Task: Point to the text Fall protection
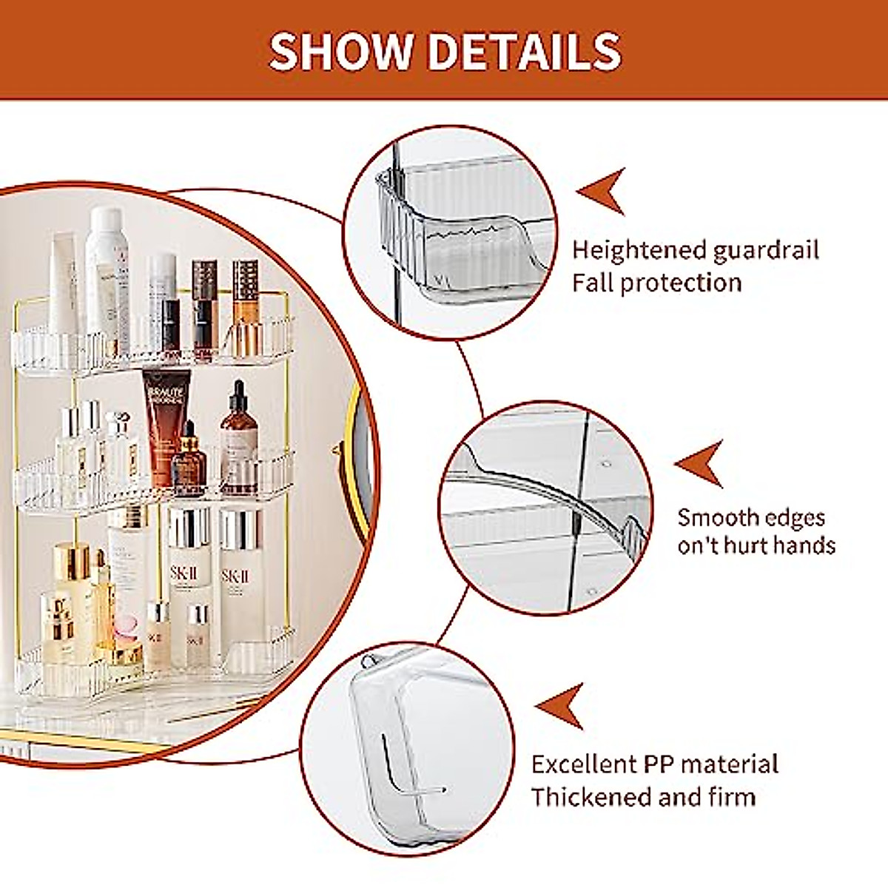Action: (656, 283)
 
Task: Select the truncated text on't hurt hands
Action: (756, 546)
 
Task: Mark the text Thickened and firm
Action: (643, 797)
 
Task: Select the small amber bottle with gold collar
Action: (189, 462)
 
